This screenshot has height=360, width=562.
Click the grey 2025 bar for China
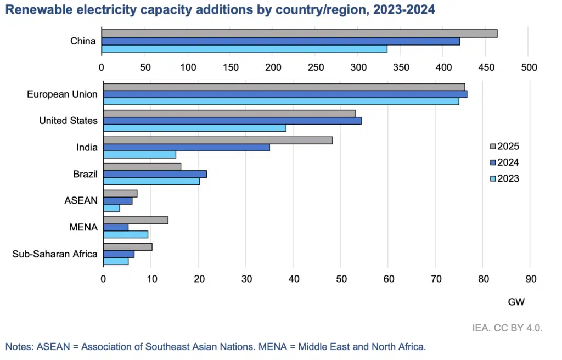pyautogui.click(x=299, y=33)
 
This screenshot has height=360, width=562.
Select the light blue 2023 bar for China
pyautogui.click(x=244, y=49)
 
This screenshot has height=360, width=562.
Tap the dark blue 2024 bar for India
pyautogui.click(x=186, y=147)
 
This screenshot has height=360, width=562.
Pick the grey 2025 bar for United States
pyautogui.click(x=229, y=114)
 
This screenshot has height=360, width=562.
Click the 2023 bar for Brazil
pyautogui.click(x=151, y=181)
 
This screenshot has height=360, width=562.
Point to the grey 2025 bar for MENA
pyautogui.click(x=136, y=220)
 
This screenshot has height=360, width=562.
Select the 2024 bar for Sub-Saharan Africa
pyautogui.click(x=119, y=254)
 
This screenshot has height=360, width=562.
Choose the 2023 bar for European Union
pyautogui.click(x=281, y=101)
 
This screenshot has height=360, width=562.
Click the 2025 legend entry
pyautogui.click(x=504, y=147)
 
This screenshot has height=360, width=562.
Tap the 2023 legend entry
pyautogui.click(x=504, y=178)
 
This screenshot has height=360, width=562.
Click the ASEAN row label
pyautogui.click(x=81, y=201)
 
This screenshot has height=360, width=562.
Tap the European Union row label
pyautogui.click(x=62, y=94)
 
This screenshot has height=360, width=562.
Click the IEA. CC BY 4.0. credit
pyautogui.click(x=507, y=328)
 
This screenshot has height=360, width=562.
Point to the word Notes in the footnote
pyautogui.click(x=18, y=347)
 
